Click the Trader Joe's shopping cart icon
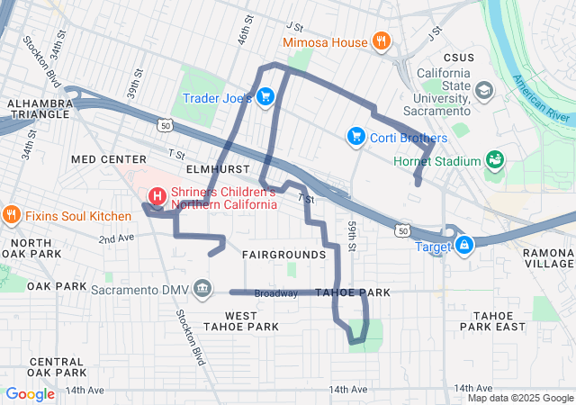(x=265, y=97)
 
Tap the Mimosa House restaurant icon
(x=382, y=41)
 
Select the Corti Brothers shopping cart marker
(x=355, y=137)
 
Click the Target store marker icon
(x=464, y=244)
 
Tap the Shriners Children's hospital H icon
(x=157, y=195)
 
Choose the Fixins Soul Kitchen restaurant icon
(x=12, y=215)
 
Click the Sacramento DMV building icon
(x=203, y=289)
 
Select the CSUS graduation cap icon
(x=484, y=91)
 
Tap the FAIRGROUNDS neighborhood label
(x=283, y=255)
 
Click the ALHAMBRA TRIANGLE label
(x=38, y=109)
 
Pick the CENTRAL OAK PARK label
(x=57, y=366)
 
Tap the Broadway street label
(x=275, y=293)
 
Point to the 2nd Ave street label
(x=116, y=238)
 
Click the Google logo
(x=31, y=393)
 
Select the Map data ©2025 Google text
(x=520, y=398)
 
